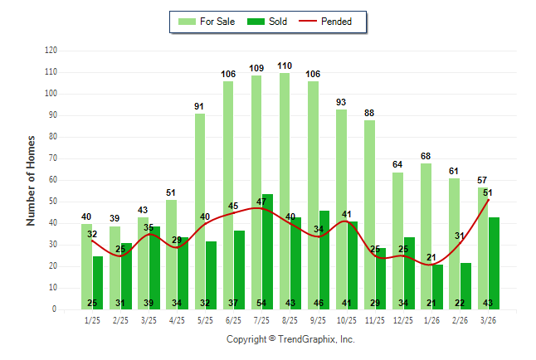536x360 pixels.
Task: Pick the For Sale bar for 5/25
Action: point(200,207)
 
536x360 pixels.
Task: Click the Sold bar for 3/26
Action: point(495,257)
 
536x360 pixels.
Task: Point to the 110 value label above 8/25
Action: point(285,66)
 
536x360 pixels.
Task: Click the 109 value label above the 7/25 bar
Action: point(256,68)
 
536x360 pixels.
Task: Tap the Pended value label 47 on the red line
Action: point(261,202)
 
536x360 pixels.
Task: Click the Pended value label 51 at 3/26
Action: point(488,192)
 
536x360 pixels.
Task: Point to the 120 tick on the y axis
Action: point(51,51)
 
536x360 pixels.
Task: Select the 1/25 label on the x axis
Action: point(92,320)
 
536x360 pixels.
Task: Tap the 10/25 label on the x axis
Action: point(346,320)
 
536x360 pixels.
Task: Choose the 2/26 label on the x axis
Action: point(460,320)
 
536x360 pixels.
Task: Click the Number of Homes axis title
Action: point(32,180)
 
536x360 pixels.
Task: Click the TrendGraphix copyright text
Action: point(290,339)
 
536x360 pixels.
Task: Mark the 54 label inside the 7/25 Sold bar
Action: point(268,303)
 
